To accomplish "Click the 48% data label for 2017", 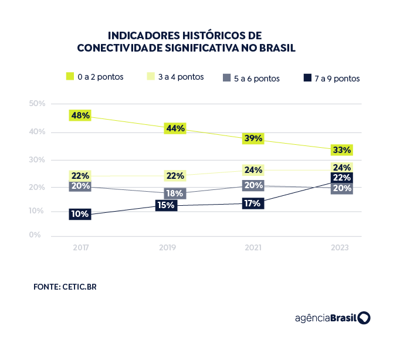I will pyautogui.click(x=80, y=116).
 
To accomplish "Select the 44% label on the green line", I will pyautogui.click(x=175, y=128).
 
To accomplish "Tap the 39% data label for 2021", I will pyautogui.click(x=254, y=138).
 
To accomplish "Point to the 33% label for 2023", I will pyautogui.click(x=341, y=150).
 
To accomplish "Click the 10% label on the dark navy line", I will pyautogui.click(x=79, y=214).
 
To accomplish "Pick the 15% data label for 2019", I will pyautogui.click(x=166, y=205).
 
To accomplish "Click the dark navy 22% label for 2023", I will pyautogui.click(x=341, y=178).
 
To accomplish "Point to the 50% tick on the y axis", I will pyautogui.click(x=37, y=104).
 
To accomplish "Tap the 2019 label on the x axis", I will pyautogui.click(x=168, y=248).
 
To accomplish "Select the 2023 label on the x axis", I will pyautogui.click(x=340, y=248).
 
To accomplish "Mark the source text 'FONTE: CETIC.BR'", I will pyautogui.click(x=65, y=287).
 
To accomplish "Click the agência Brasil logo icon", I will pyautogui.click(x=364, y=318).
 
